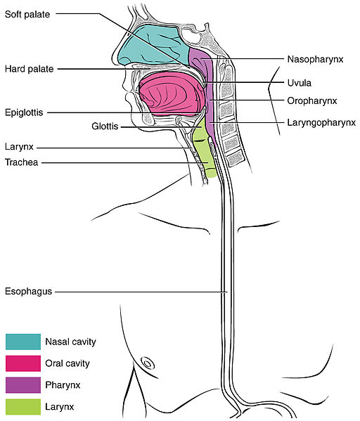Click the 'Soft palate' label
pos(27,14)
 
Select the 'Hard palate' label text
pos(30,69)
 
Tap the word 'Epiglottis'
pos(24,112)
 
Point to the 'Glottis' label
pos(105,127)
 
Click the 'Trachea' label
pos(22,162)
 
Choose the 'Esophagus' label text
pos(29,292)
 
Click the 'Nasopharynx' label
pos(315,59)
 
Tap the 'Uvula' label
pos(300,83)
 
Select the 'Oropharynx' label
pos(312,101)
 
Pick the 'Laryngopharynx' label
pos(321,123)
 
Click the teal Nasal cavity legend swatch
pos(23,342)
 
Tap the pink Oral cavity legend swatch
pos(23,363)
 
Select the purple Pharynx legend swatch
pos(23,385)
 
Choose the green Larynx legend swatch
pos(23,407)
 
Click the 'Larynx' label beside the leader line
pos(19,147)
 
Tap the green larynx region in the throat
pos(204,150)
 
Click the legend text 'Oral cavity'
pos(67,363)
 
